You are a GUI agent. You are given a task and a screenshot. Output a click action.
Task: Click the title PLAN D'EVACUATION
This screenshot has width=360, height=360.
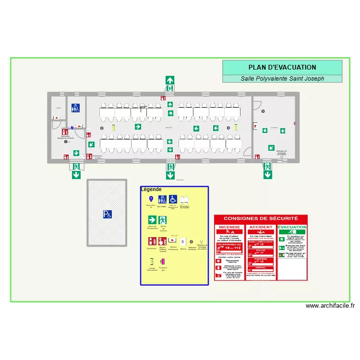point(282,68)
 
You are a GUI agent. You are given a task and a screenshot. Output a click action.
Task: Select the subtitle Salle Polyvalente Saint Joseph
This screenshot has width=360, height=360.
point(282,79)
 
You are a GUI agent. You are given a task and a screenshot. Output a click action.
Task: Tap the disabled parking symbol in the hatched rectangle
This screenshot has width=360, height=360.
point(107,215)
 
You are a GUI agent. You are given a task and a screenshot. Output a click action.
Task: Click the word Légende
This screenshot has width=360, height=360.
point(151,190)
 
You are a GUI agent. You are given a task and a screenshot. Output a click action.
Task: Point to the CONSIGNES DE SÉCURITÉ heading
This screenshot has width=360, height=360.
point(261,218)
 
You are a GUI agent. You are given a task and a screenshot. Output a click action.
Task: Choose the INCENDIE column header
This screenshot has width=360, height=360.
point(229,227)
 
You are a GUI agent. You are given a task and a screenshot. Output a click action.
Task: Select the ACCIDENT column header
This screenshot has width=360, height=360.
point(261,227)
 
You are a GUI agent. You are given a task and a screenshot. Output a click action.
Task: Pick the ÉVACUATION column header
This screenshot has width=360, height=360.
point(292,227)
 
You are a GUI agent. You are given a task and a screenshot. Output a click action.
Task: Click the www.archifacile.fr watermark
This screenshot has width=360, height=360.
point(330,306)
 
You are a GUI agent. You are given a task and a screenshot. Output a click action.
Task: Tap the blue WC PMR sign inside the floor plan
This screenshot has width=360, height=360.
point(76,108)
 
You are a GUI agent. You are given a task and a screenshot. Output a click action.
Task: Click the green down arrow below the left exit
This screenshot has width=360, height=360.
point(76,175)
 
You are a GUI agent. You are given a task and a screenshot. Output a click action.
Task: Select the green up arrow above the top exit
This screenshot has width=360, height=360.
point(170,80)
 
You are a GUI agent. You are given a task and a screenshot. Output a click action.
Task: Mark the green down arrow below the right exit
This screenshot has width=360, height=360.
point(267,175)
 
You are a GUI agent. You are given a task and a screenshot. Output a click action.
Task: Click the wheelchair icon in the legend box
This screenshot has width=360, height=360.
point(173,199)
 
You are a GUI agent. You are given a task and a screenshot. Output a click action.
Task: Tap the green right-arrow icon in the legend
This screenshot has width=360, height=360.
point(152,219)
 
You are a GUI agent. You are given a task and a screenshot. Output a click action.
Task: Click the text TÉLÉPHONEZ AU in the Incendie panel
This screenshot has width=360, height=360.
point(229,244)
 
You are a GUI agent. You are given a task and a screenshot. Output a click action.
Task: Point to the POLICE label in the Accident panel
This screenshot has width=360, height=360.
point(261,251)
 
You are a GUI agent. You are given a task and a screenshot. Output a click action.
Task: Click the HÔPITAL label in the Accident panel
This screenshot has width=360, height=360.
point(261,267)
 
